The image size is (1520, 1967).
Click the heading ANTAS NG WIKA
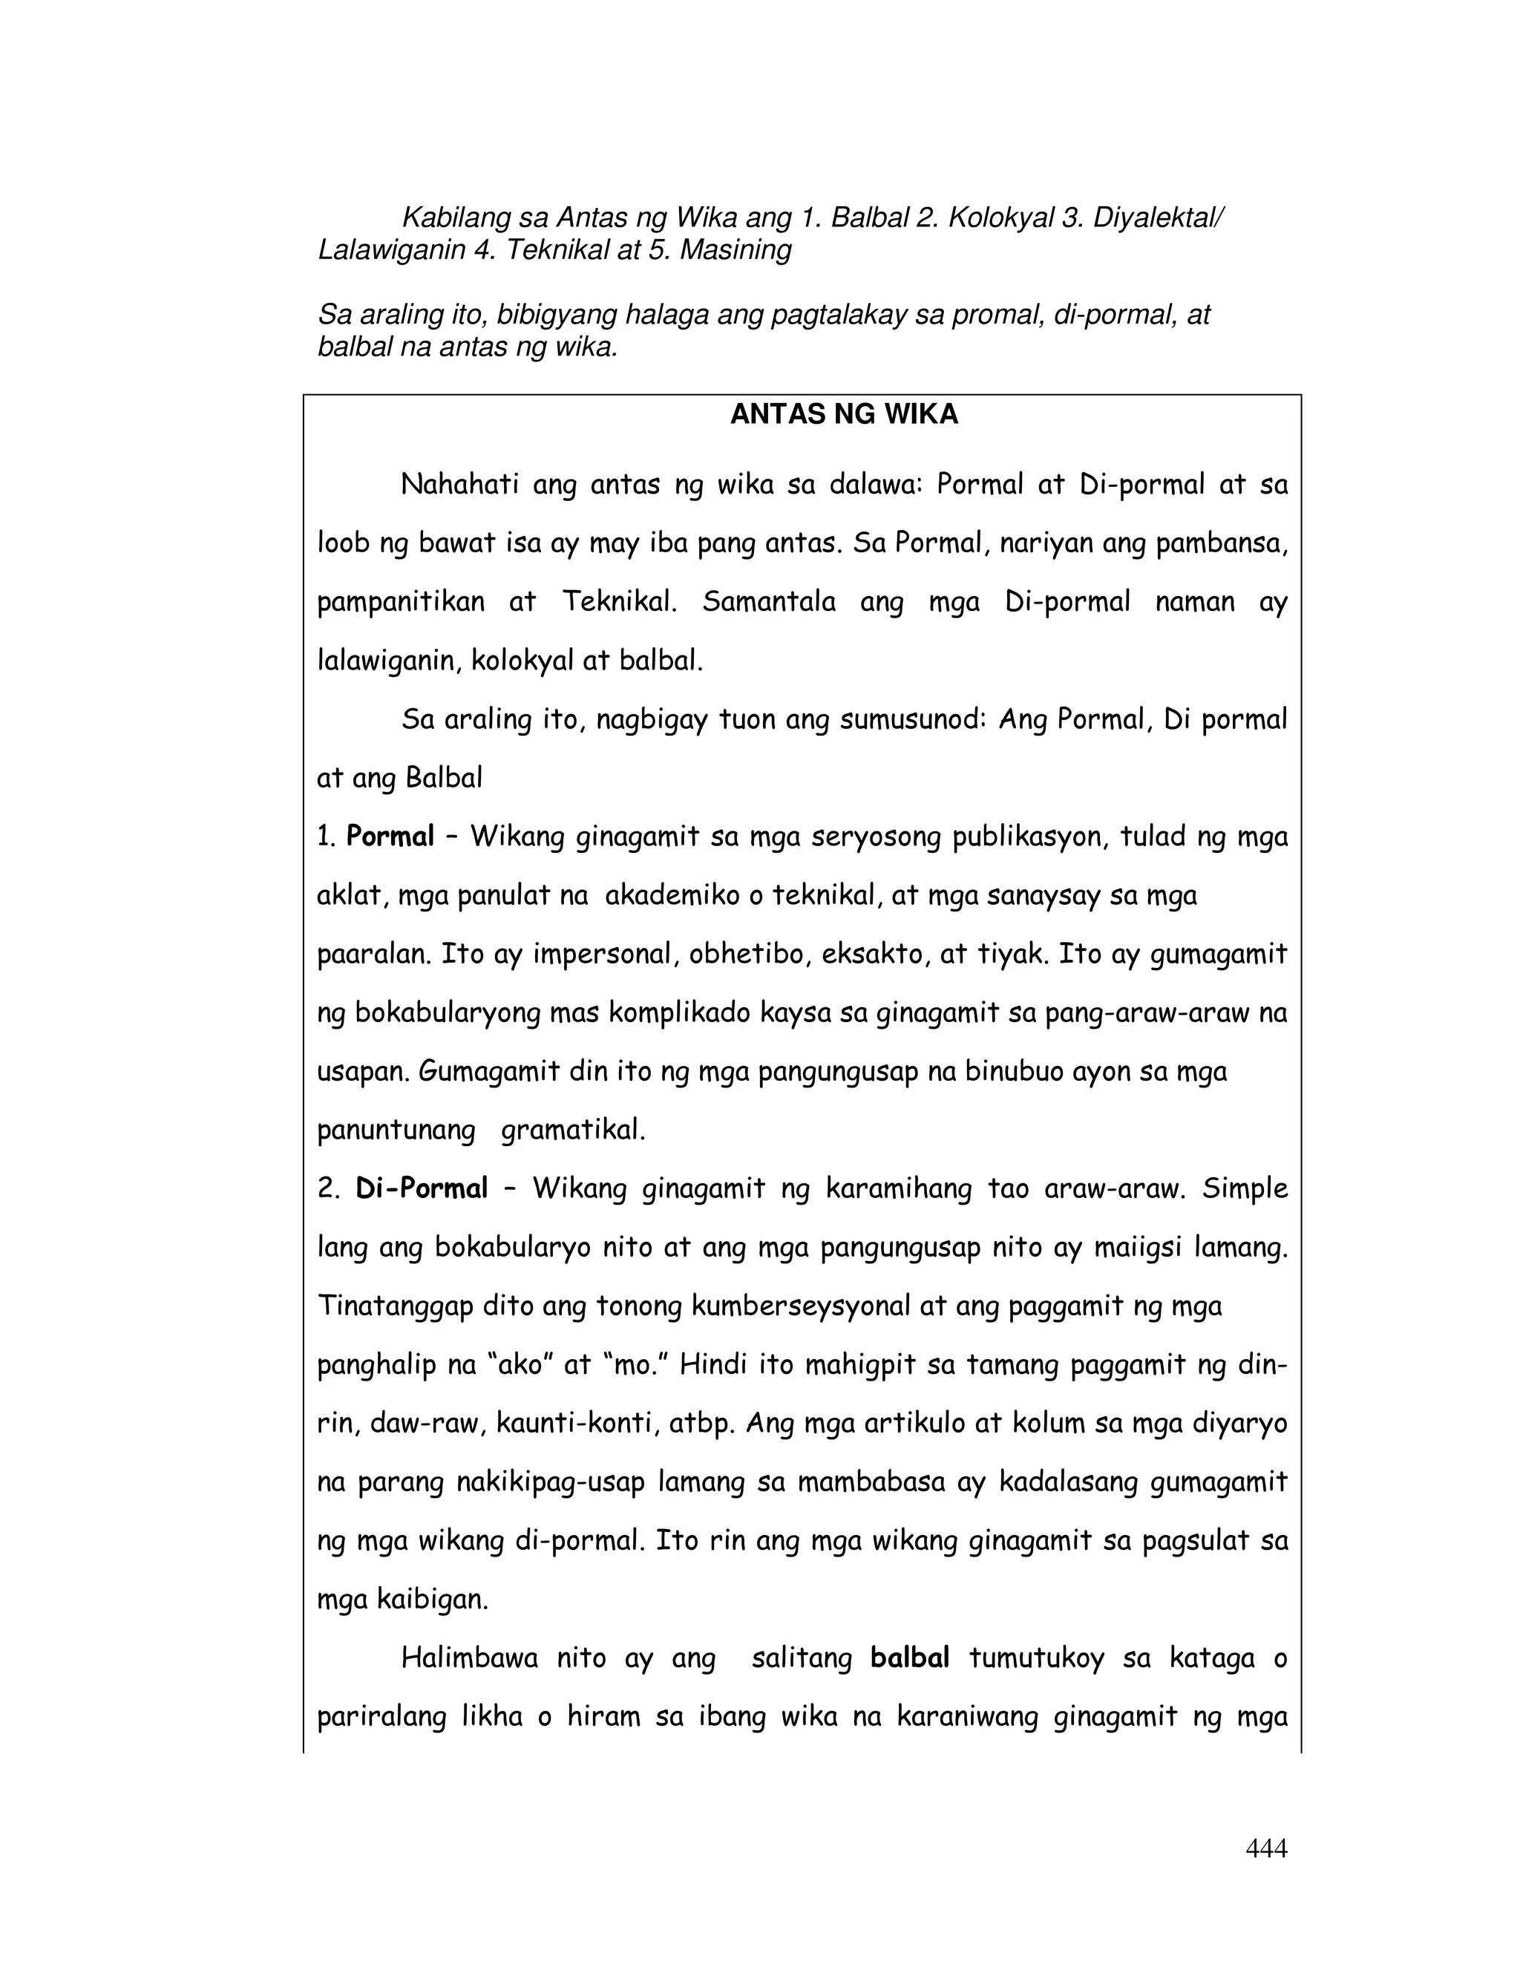pos(844,414)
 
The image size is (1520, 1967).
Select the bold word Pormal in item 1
pos(390,837)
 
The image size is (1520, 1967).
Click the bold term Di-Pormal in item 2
pos(422,1189)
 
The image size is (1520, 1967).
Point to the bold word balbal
pos(909,1658)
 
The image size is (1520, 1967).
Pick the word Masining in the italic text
pos(735,249)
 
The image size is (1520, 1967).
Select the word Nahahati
pos(459,485)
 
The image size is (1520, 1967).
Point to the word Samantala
pos(769,602)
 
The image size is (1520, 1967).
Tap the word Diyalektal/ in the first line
pos(1157,218)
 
